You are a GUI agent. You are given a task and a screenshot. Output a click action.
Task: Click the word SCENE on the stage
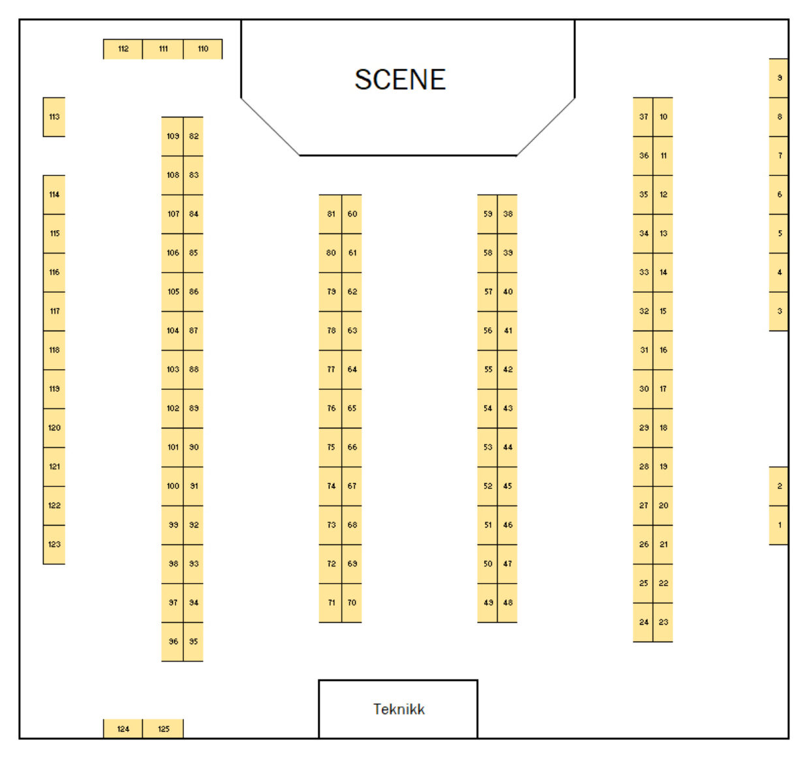pyautogui.click(x=400, y=80)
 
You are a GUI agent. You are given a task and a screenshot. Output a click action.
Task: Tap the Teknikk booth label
pyautogui.click(x=399, y=709)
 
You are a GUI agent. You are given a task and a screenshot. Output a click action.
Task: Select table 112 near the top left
pyautogui.click(x=123, y=49)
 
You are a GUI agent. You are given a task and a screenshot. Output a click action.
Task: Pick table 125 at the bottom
pyautogui.click(x=163, y=728)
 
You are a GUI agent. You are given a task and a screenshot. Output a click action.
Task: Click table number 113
pyautogui.click(x=54, y=117)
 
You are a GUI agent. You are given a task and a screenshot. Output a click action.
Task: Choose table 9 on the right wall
pyautogui.click(x=779, y=78)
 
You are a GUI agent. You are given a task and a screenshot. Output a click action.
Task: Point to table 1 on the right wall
pyautogui.click(x=779, y=525)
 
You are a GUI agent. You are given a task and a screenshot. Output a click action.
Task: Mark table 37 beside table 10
pyautogui.click(x=643, y=117)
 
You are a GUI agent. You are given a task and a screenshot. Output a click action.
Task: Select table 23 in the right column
pyautogui.click(x=663, y=622)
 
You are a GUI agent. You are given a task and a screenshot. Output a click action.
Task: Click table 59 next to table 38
pyautogui.click(x=487, y=214)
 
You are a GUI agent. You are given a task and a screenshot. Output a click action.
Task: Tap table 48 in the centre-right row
pyautogui.click(x=508, y=603)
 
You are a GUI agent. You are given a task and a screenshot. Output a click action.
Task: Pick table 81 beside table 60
pyautogui.click(x=331, y=214)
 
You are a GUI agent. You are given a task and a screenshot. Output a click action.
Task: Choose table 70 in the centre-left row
pyautogui.click(x=352, y=603)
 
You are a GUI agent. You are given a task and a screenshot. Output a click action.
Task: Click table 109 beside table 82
pyautogui.click(x=173, y=136)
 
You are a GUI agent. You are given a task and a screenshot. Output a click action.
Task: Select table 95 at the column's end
pyautogui.click(x=194, y=642)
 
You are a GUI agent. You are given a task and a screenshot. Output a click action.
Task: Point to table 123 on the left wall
pyautogui.click(x=54, y=544)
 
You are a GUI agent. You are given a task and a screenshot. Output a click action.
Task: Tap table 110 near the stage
pyautogui.click(x=203, y=49)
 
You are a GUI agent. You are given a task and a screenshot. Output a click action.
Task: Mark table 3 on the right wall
pyautogui.click(x=779, y=311)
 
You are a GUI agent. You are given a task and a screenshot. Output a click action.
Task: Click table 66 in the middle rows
pyautogui.click(x=352, y=447)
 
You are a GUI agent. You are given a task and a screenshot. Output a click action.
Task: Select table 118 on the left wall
pyautogui.click(x=54, y=350)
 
